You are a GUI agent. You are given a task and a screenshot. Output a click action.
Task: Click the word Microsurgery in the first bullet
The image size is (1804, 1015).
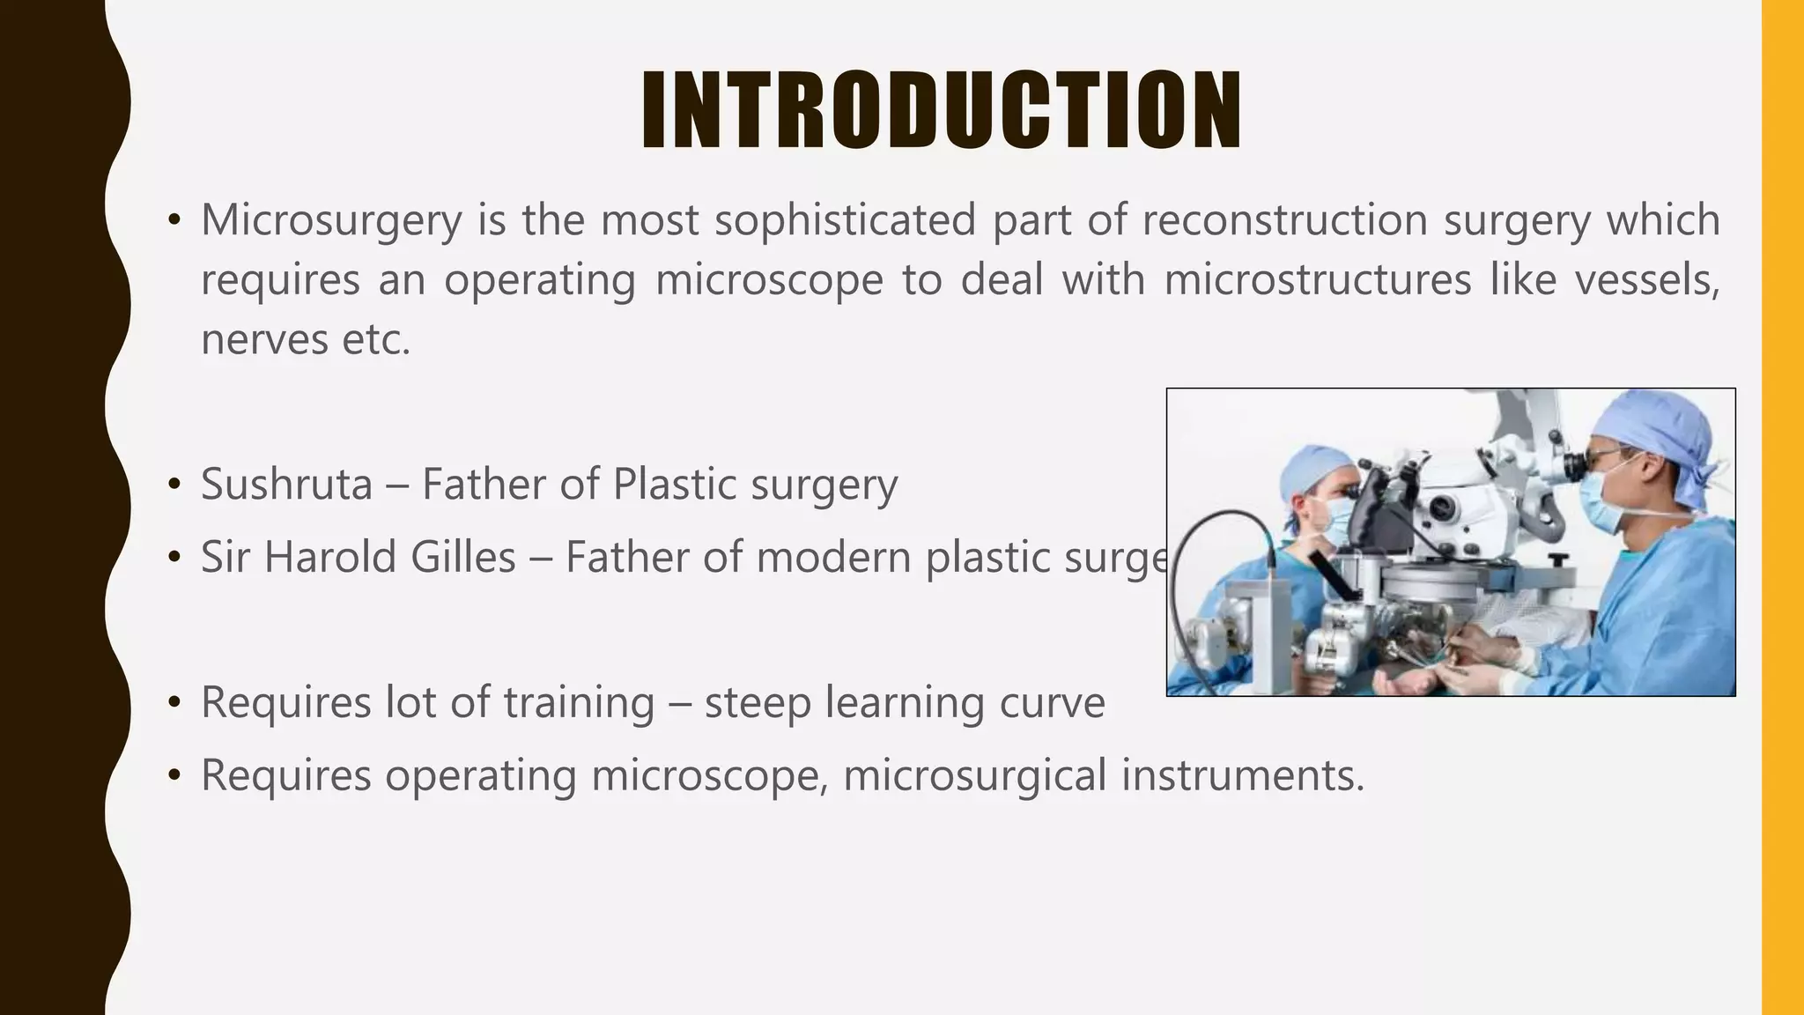click(x=331, y=220)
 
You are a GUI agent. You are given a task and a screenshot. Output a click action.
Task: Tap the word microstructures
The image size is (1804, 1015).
click(x=1317, y=280)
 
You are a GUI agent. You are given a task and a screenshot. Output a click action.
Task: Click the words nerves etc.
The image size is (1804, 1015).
click(x=306, y=340)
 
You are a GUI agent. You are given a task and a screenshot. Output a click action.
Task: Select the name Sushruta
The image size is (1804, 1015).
click(x=286, y=485)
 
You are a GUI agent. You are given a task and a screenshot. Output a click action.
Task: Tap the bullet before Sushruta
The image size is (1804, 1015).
click(x=174, y=485)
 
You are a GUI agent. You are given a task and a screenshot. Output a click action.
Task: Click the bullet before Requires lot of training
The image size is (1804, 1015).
click(x=174, y=703)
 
